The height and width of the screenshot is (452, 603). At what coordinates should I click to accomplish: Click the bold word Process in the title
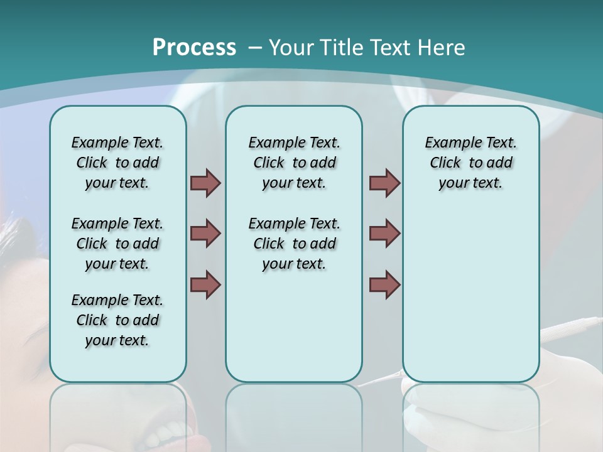[194, 47]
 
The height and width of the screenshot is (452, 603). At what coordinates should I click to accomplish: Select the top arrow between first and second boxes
[205, 183]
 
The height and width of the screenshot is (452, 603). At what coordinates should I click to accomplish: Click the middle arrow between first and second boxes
[205, 234]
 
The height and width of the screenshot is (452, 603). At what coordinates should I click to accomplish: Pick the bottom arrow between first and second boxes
[205, 284]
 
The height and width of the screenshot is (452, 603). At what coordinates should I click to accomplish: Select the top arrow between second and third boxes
[384, 183]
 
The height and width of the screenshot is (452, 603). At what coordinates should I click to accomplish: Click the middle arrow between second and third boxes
[384, 234]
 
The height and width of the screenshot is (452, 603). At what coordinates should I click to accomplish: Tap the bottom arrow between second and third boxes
[384, 284]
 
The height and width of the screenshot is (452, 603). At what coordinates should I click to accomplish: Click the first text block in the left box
[117, 163]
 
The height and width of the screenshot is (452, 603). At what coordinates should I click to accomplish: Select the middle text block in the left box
[117, 244]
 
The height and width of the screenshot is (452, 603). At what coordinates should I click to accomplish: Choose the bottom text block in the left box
[117, 320]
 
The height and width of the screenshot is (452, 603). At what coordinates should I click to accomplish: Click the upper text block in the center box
[294, 163]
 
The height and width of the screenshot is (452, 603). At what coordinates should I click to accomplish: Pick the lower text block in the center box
[294, 244]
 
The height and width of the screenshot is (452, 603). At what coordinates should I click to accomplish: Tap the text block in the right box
[470, 163]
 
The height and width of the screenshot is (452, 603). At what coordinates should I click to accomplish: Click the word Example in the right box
[447, 143]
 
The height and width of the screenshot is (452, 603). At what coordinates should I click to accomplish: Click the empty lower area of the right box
[470, 301]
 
